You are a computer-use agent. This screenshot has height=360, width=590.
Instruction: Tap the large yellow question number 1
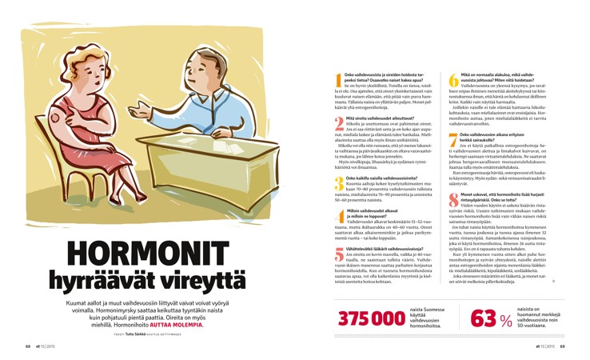339,80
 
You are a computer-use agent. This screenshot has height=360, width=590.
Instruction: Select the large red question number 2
339,123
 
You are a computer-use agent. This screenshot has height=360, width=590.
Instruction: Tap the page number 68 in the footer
27,347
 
